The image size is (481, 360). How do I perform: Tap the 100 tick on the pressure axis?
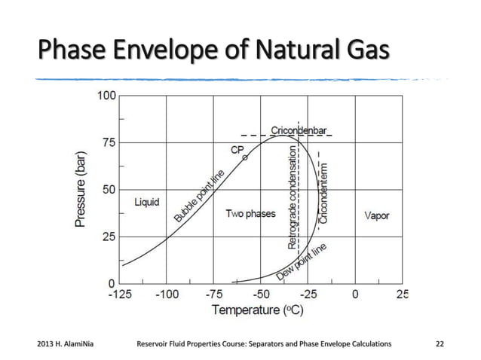tap(106, 96)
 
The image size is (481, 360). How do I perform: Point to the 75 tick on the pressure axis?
tap(109, 142)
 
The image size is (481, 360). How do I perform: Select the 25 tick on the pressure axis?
tap(109, 236)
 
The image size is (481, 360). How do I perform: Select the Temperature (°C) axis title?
tap(253, 310)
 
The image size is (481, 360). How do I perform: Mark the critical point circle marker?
tap(244, 158)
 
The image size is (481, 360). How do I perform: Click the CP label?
tap(237, 149)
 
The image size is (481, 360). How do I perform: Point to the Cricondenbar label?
tap(299, 130)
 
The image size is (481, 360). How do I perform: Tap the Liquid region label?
tap(146, 202)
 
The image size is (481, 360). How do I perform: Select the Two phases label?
tap(250, 214)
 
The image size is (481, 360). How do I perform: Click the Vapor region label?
tap(376, 215)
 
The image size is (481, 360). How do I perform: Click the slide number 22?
tap(441, 344)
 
